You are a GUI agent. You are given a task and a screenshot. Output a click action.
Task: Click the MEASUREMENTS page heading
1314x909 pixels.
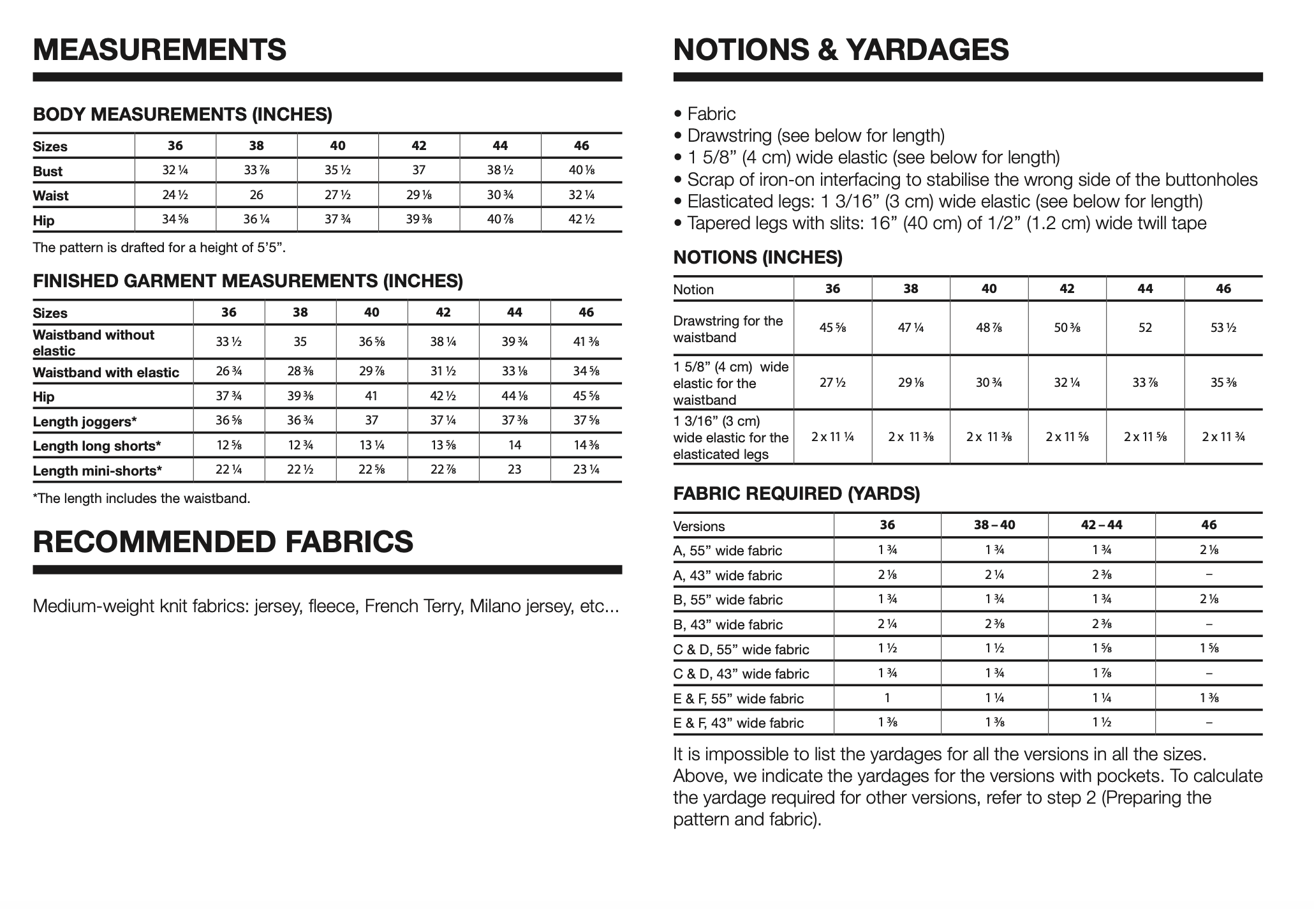click(x=159, y=50)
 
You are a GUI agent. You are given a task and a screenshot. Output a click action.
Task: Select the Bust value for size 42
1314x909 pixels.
click(x=418, y=170)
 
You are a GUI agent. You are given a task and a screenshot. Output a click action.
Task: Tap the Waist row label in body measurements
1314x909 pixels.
click(x=51, y=195)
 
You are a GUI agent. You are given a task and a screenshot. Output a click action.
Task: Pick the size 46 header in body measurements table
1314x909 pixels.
click(x=581, y=146)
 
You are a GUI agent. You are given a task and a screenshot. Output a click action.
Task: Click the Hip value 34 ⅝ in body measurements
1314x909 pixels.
click(x=175, y=220)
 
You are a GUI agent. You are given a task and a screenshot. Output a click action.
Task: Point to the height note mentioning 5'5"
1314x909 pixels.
click(x=159, y=248)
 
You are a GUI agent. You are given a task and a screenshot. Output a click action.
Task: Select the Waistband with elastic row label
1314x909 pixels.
click(x=106, y=372)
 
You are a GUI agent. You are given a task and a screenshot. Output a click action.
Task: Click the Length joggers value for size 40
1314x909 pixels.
click(x=371, y=421)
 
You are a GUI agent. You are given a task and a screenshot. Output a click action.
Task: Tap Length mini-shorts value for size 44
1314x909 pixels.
click(x=514, y=470)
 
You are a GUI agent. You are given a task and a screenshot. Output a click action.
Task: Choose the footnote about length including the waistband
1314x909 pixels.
click(x=141, y=499)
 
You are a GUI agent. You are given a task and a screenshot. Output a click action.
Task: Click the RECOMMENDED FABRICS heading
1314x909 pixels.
click(x=223, y=542)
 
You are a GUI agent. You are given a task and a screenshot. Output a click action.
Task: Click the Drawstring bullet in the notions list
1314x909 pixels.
click(x=815, y=135)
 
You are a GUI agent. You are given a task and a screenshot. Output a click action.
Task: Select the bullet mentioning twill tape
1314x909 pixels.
click(x=947, y=223)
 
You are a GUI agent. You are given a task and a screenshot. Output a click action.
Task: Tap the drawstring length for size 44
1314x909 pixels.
click(x=1145, y=328)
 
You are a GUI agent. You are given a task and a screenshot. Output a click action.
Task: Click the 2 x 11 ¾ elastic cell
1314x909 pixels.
click(x=1223, y=437)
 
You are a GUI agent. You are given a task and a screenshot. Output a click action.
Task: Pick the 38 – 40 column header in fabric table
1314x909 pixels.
click(x=994, y=525)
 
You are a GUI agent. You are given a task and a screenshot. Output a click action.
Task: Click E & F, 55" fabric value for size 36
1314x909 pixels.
click(x=887, y=698)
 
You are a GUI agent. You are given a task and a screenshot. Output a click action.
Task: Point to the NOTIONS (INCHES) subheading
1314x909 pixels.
click(x=758, y=258)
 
